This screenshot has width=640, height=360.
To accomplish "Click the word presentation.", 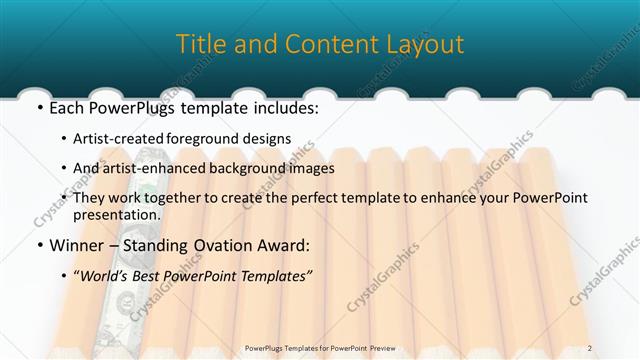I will (117, 214).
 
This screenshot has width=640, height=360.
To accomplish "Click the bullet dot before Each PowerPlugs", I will (37, 105).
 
